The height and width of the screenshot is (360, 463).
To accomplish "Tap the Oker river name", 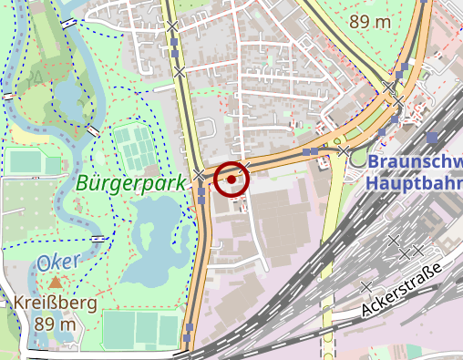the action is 59,262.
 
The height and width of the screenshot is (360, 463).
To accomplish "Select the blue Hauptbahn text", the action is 415,181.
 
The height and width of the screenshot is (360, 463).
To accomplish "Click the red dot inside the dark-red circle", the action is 231,180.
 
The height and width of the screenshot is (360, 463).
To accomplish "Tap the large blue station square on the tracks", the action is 431,137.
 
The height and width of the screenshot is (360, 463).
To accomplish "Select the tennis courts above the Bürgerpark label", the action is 135,146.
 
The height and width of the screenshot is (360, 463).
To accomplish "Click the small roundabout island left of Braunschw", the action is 357,160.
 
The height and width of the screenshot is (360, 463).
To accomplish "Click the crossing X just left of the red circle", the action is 200,173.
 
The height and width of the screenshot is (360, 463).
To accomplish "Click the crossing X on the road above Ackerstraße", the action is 365,287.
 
